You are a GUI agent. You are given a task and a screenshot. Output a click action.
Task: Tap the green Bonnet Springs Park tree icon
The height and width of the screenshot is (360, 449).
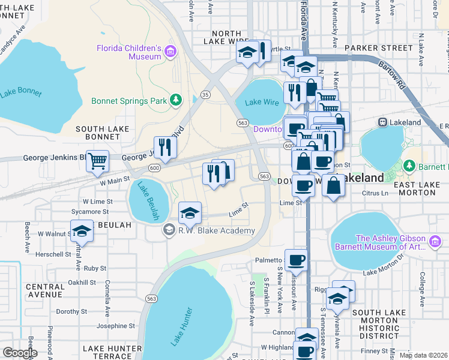176,100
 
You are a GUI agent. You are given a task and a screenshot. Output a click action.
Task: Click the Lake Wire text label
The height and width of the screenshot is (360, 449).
263,102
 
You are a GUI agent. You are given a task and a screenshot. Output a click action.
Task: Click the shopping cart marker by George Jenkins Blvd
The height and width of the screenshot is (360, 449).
97,161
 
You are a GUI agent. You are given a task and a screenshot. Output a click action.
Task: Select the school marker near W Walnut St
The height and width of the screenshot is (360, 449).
82,231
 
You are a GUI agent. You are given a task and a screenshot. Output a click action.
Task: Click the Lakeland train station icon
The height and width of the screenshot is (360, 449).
382,122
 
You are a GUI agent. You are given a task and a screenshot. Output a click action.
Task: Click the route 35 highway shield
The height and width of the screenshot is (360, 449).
205,94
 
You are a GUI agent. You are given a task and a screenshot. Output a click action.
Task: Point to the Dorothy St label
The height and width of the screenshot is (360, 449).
71,311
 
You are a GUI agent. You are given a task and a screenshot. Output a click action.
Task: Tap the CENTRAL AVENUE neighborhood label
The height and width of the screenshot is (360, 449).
45,290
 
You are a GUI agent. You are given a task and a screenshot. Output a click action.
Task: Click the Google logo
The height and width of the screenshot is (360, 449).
20,352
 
